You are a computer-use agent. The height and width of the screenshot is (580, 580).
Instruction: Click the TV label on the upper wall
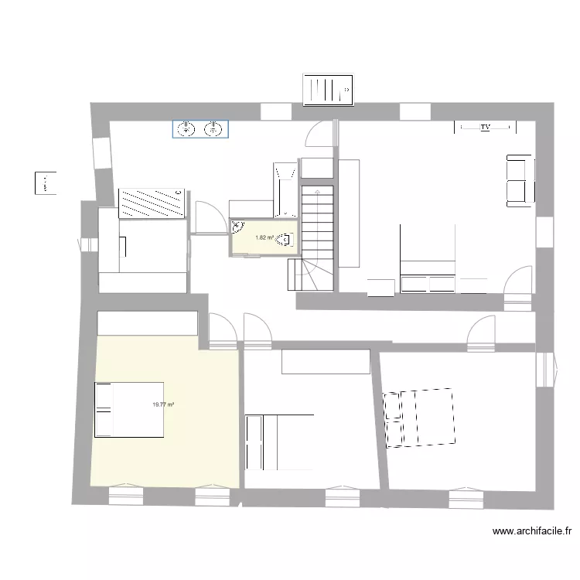485,127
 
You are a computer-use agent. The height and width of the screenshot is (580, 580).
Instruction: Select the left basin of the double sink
186,129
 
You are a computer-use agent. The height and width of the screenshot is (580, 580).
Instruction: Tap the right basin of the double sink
213,129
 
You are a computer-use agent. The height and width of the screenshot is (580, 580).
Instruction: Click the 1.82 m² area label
265,237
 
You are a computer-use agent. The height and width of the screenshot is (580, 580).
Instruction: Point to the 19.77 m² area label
163,404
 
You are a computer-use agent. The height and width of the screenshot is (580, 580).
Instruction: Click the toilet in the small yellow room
288,240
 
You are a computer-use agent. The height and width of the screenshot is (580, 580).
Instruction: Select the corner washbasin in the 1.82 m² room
237,227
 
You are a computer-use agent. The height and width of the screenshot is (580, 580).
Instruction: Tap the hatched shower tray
152,203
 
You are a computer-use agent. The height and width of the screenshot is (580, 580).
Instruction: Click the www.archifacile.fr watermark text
531,531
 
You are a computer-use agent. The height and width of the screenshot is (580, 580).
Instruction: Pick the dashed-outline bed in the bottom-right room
419,417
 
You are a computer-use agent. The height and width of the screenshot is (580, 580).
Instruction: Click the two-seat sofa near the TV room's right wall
518,180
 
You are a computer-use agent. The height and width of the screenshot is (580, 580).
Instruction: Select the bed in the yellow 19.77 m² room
128,409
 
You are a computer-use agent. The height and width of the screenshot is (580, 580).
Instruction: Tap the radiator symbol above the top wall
328,90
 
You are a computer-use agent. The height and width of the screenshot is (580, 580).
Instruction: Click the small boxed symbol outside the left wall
45,183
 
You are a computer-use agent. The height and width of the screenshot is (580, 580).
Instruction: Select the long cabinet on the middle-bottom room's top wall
326,361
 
